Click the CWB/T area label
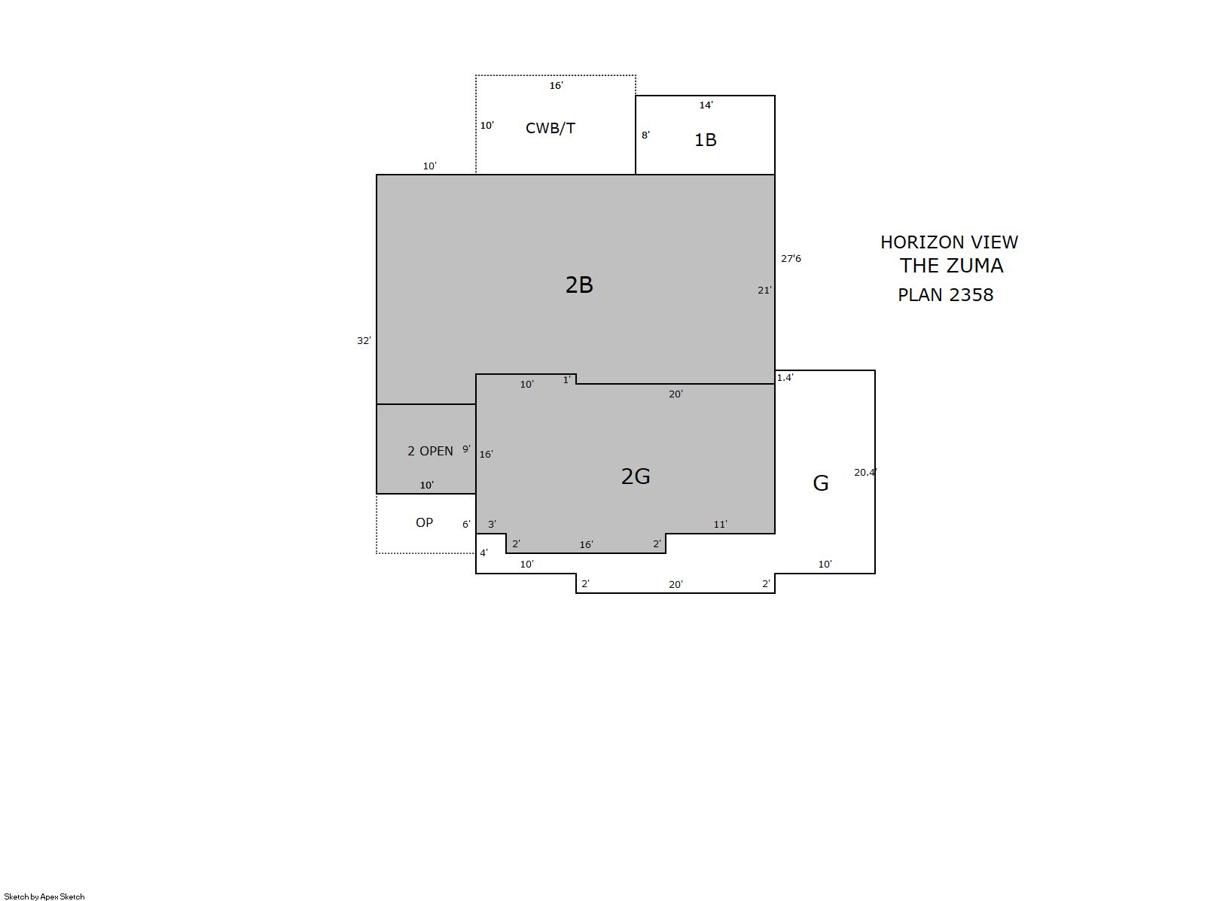550,128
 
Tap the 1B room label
705,140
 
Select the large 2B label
579,285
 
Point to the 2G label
636,476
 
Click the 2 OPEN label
430,451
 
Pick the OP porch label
424,522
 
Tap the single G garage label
820,483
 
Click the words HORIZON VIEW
949,242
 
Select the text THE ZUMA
951,266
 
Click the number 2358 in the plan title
971,295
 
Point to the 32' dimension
364,341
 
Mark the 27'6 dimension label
791,258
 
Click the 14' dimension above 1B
706,105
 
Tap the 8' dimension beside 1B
646,135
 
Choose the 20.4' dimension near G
865,472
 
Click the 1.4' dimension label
785,377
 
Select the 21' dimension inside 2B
764,290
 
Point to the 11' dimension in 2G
720,524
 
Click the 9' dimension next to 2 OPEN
466,449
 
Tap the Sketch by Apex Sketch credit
44,896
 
